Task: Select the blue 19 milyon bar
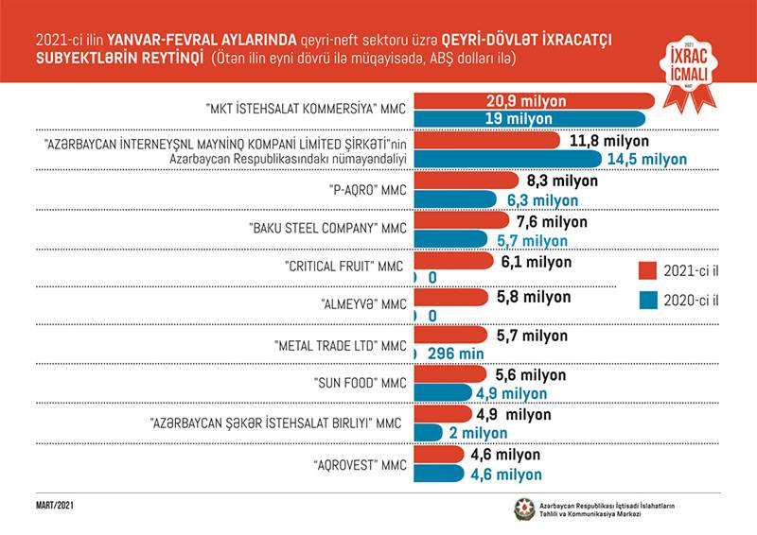(x=530, y=118)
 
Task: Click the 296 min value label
(x=456, y=354)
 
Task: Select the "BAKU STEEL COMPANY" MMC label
(x=327, y=228)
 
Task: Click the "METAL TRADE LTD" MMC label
(x=340, y=345)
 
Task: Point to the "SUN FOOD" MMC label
(x=361, y=384)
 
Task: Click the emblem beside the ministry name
(x=523, y=509)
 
